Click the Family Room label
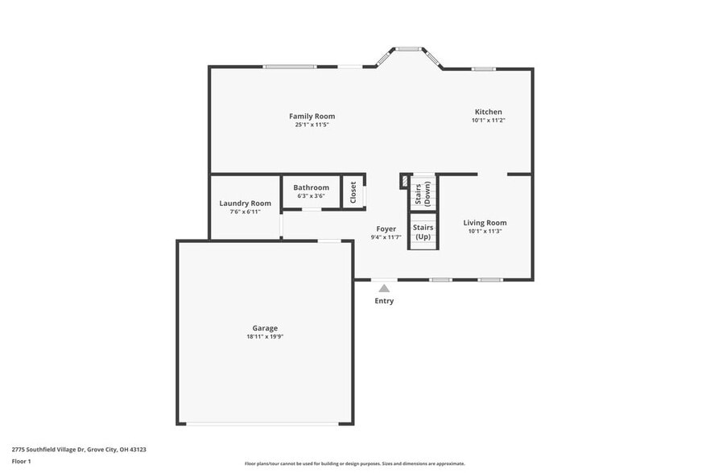tap(312, 116)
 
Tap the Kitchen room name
tap(488, 112)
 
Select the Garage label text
tap(265, 327)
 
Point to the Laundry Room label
tap(245, 204)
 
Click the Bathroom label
tap(311, 187)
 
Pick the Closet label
tap(353, 192)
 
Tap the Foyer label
tap(386, 229)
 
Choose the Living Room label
tap(485, 223)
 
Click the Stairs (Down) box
tap(423, 194)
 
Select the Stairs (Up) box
tap(423, 232)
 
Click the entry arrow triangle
tap(384, 288)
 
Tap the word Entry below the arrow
tap(384, 301)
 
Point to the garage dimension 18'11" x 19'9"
tap(265, 337)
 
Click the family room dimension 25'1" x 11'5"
tap(312, 125)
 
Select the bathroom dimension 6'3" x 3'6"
tap(311, 195)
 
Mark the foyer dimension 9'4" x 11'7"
tap(386, 237)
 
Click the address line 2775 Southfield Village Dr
tap(79, 450)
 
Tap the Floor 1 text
tap(22, 461)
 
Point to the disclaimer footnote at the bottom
tap(354, 463)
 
